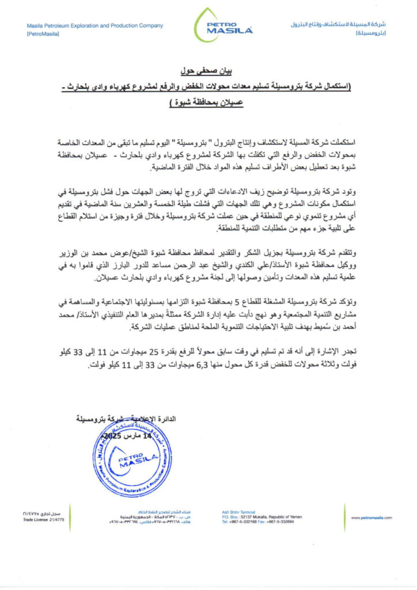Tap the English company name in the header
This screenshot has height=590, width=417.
coord(94,25)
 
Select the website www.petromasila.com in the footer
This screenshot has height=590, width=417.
coord(372,517)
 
